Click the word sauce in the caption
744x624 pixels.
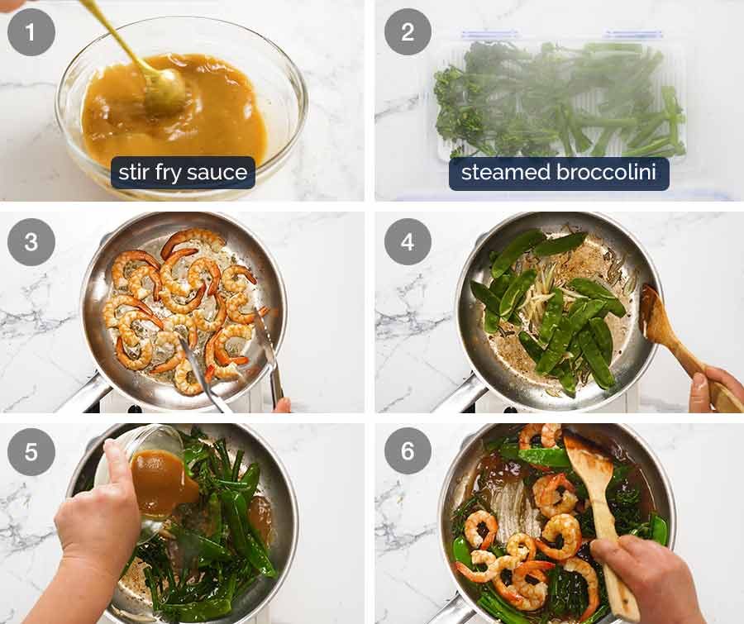[218, 173]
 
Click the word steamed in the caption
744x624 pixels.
[503, 173]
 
